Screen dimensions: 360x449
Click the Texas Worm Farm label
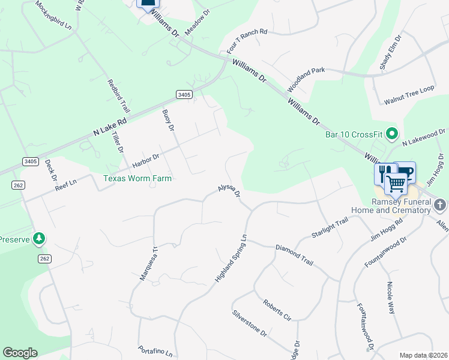[137, 178]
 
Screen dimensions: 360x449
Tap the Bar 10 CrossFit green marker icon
[393, 133]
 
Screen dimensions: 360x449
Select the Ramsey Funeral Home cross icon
[440, 205]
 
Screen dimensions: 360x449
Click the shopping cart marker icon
[396, 183]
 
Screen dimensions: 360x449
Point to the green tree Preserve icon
[39, 239]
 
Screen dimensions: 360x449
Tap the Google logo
[20, 353]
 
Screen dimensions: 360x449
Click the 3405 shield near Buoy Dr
[184, 94]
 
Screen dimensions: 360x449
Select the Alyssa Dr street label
[229, 191]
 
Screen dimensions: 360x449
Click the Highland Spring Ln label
[231, 259]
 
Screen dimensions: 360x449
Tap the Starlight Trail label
[330, 228]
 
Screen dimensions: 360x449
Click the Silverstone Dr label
[249, 326]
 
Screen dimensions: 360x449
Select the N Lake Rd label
[110, 127]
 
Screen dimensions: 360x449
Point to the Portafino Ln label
[155, 351]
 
